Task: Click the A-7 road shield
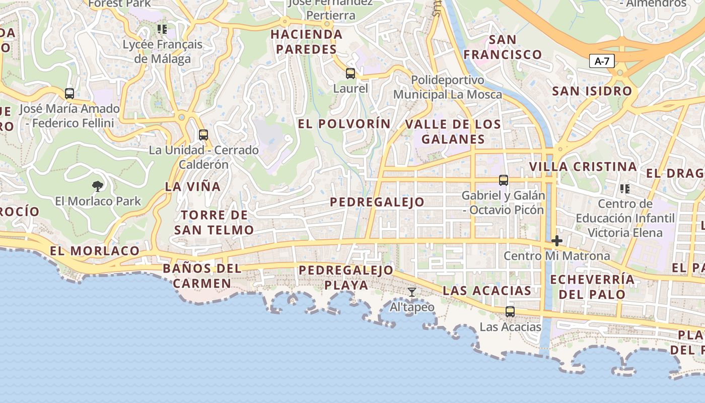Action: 602,61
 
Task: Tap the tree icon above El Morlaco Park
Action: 98,186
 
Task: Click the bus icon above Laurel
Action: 350,74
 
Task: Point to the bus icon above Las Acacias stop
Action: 510,312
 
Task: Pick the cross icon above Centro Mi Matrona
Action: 556,241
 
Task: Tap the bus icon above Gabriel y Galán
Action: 503,180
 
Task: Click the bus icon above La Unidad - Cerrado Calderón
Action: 203,135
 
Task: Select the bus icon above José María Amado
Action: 69,94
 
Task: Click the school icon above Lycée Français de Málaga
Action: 162,29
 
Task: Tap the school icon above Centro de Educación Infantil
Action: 625,189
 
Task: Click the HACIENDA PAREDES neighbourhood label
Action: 306,42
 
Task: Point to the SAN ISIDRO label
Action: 592,91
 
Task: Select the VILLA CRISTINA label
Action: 583,167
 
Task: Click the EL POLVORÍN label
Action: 344,124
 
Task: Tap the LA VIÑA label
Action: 193,186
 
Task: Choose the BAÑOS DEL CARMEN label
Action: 202,276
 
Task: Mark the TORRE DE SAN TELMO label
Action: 214,223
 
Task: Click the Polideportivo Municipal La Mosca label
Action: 447,87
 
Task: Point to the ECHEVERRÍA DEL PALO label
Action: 592,287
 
